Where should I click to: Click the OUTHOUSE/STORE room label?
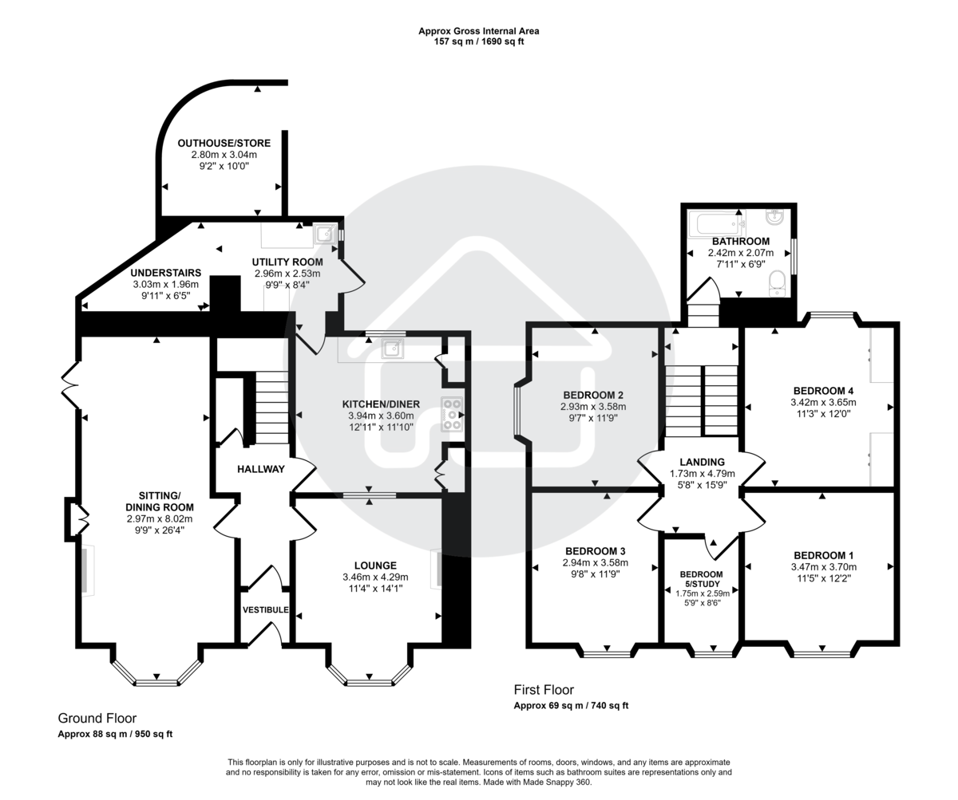click(x=224, y=144)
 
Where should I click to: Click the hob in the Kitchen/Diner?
click(x=452, y=415)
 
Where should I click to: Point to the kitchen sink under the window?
click(x=391, y=349)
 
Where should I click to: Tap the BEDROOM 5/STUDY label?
click(x=701, y=579)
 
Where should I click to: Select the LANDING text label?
click(x=702, y=462)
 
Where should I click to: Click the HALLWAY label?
click(x=260, y=469)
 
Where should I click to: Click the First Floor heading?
click(x=543, y=690)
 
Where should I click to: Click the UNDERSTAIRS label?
click(x=166, y=273)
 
